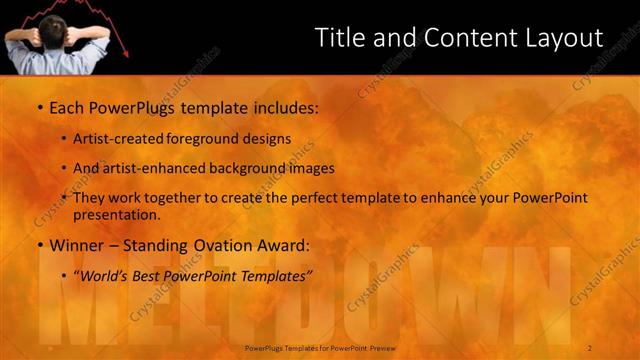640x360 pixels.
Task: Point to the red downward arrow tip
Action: click(x=126, y=54)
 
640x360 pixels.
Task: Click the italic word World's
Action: click(x=104, y=274)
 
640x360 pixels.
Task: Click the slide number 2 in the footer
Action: click(x=590, y=348)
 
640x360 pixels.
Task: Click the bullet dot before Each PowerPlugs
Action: click(x=39, y=106)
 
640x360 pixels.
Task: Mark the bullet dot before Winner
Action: click(x=39, y=245)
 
